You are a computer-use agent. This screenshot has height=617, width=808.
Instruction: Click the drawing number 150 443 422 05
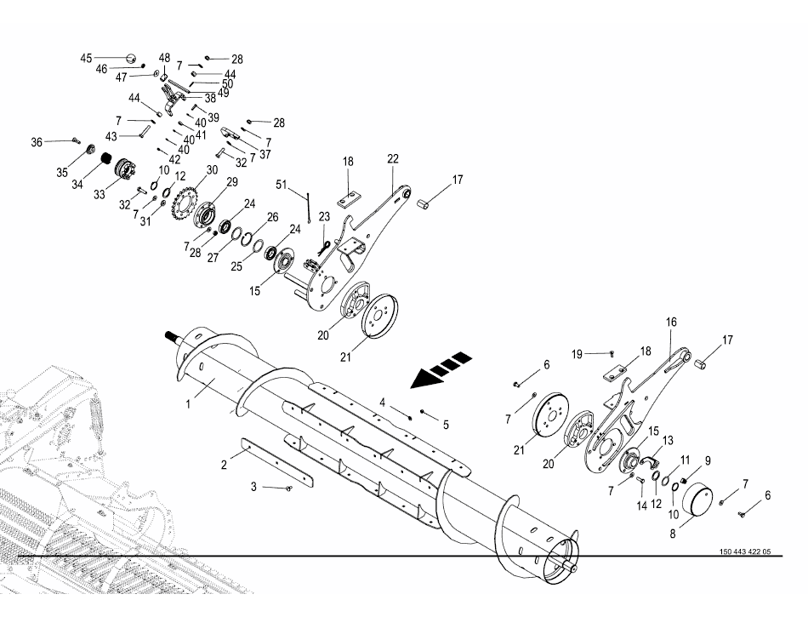pos(745,551)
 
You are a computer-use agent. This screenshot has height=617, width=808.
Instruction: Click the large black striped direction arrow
pos(441,369)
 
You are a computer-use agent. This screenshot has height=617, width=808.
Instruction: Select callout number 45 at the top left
pos(86,58)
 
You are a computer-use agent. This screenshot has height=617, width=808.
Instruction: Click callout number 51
pos(282,185)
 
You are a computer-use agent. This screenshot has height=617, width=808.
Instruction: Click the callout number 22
pos(393,159)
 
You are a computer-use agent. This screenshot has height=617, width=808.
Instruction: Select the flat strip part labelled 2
pos(279,462)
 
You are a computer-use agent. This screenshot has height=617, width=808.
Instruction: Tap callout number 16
pos(671,323)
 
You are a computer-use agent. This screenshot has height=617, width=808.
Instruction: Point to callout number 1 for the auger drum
pos(188,404)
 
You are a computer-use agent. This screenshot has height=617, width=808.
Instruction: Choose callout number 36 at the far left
pos(37,142)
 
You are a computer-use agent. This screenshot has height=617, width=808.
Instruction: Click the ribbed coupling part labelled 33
pos(124,168)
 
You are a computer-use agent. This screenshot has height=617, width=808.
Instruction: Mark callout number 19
pos(578,354)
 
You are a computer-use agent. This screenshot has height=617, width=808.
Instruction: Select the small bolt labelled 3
pos(288,488)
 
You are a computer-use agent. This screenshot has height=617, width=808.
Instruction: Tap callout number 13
pos(668,441)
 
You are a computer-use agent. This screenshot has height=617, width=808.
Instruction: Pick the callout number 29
pos(232,182)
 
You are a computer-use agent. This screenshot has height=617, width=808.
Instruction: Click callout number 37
pos(265,154)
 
